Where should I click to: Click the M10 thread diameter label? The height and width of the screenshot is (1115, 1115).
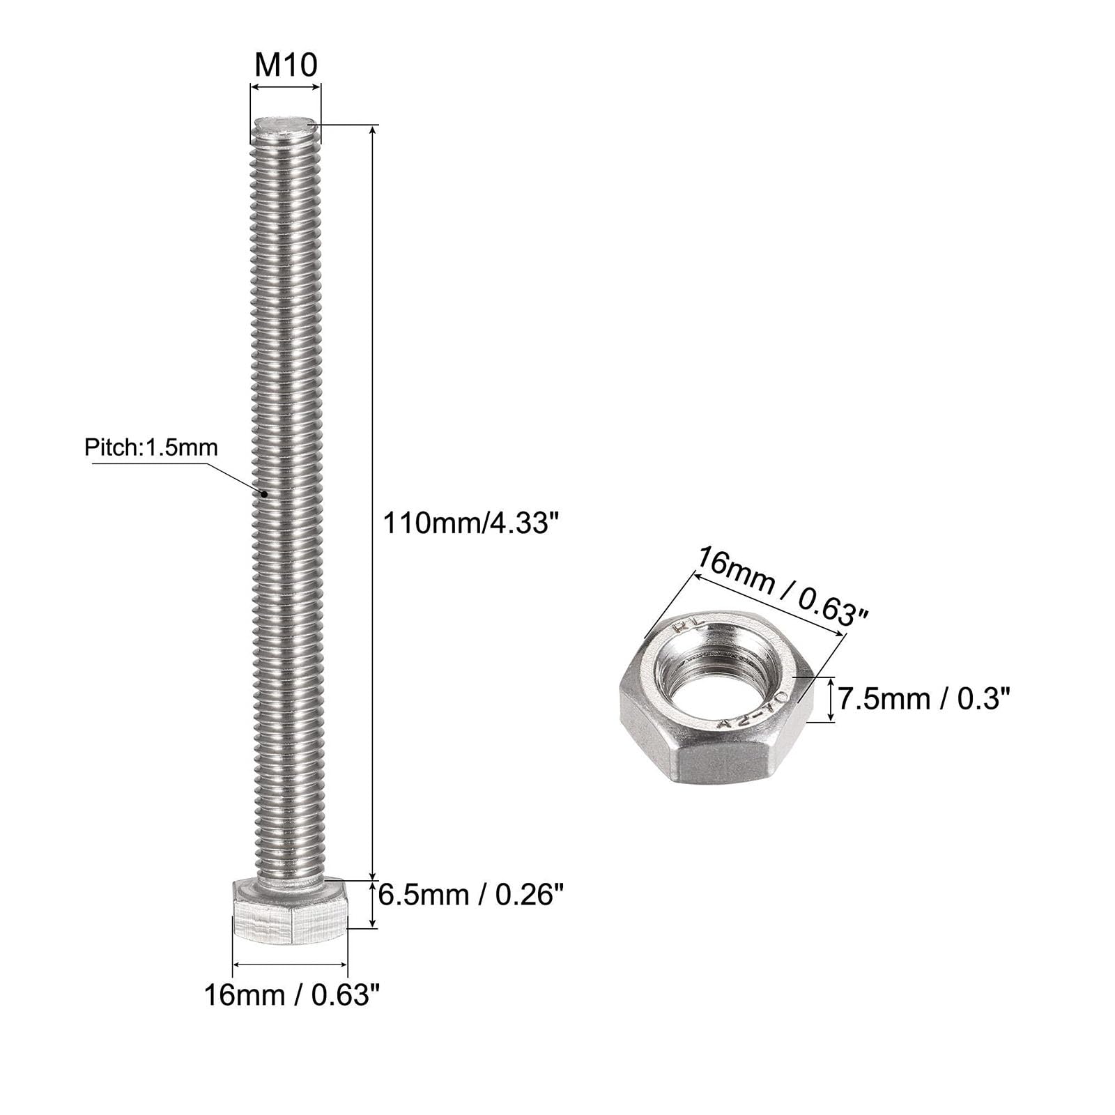(x=286, y=65)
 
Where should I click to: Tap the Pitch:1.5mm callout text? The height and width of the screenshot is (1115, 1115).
(x=151, y=447)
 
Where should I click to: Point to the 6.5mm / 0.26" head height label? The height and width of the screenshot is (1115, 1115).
(x=470, y=894)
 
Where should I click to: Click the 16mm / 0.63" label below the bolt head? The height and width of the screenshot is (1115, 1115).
(x=293, y=995)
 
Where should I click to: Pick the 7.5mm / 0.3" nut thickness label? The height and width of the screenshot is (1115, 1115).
(x=923, y=698)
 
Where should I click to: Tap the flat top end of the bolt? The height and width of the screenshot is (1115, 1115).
(x=285, y=126)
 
